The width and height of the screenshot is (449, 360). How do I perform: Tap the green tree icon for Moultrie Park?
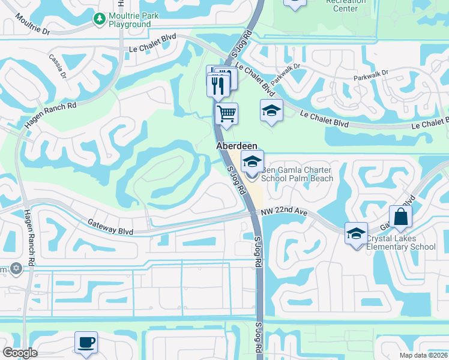tap(99, 19)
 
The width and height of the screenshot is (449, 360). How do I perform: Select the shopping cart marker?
tap(226, 113)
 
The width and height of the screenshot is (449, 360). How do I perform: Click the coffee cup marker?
tap(86, 342)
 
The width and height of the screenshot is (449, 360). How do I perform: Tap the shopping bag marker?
tap(400, 217)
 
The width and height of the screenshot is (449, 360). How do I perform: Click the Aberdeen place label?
tap(237, 146)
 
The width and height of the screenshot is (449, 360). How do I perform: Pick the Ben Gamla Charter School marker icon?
tap(252, 161)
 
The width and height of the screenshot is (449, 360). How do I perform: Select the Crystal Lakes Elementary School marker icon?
tap(356, 233)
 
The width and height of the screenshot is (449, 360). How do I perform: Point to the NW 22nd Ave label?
tap(285, 213)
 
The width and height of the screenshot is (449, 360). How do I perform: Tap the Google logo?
tap(20, 353)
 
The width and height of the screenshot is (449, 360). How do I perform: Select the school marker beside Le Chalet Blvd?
tap(271, 111)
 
